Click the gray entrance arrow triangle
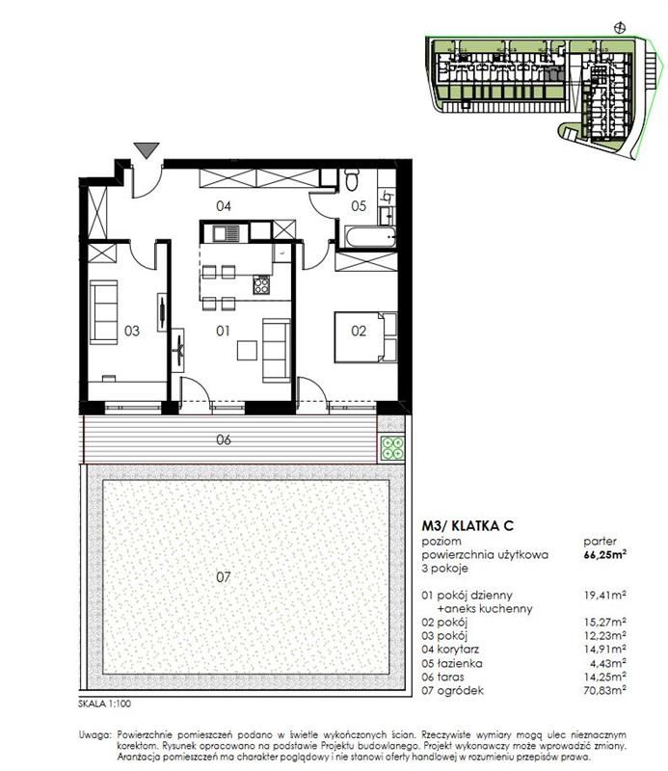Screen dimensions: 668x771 pos(147,149)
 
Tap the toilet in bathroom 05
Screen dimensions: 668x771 pos(352,179)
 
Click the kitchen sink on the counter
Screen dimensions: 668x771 pos(227,232)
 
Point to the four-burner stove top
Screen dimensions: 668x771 pos(261,284)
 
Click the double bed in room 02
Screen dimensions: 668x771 pos(365,336)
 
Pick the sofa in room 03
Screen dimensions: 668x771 pos(103,312)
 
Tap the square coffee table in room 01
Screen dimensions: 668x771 pos(247,350)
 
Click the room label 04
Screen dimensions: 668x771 pos(224,206)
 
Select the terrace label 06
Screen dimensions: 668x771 pos(224,439)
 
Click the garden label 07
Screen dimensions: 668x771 pos(224,576)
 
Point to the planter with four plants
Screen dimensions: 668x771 pos(392,448)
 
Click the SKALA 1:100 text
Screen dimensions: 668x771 pos(105,704)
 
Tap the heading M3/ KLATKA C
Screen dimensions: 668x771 pos(468,525)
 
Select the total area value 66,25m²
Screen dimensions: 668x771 pos(604,555)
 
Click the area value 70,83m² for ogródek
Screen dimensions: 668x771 pos(604,690)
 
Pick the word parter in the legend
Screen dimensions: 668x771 pos(601,542)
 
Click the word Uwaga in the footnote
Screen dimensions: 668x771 pos(95,735)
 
